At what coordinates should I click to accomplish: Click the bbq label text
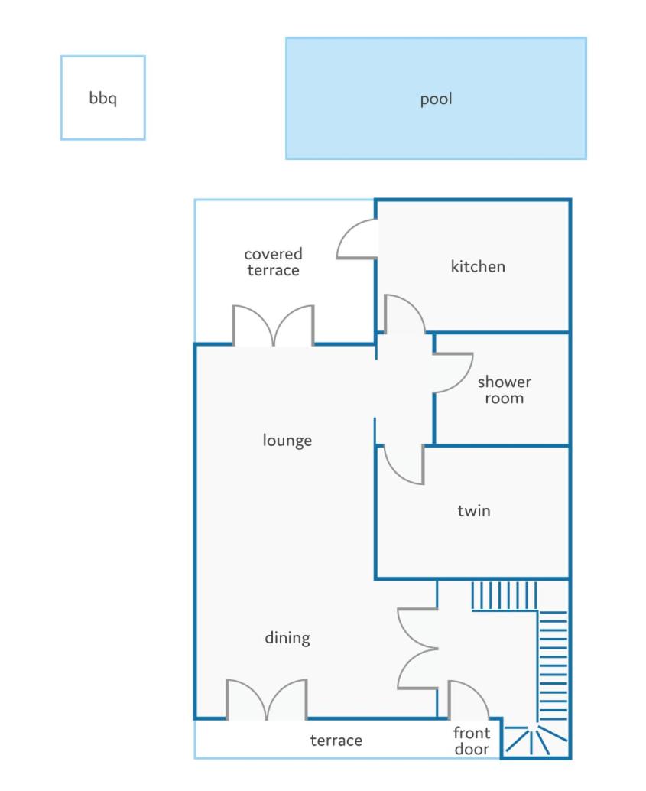point(103,98)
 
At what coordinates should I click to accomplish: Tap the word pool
point(437,99)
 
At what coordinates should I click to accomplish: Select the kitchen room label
point(478,266)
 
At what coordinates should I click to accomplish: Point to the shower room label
point(505,389)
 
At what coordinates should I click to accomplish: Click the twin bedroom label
point(473,510)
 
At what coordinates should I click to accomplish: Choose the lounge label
point(287,441)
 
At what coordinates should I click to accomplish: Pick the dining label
point(287,638)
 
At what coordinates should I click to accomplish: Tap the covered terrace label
point(274,262)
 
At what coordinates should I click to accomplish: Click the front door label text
point(472,741)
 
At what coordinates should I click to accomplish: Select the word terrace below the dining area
point(336,740)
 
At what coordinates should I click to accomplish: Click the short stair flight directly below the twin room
point(504,595)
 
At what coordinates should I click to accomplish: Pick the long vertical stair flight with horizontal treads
point(553,666)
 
